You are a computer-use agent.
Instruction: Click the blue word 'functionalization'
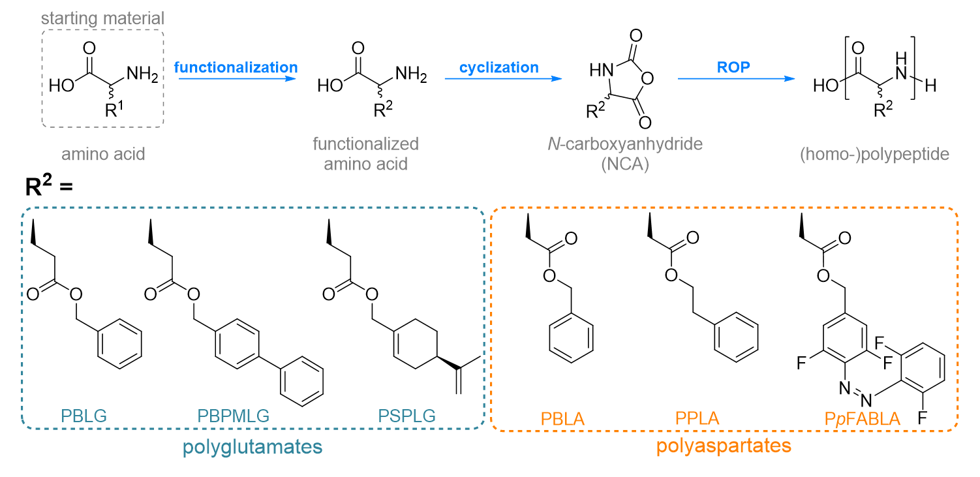click(236, 67)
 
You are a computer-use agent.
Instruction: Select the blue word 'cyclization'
click(498, 67)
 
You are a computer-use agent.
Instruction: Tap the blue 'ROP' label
click(733, 67)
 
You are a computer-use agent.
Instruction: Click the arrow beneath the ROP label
click(737, 79)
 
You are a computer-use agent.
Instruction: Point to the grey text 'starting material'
click(102, 18)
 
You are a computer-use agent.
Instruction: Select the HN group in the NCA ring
click(601, 70)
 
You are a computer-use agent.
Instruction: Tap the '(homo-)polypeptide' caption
click(874, 154)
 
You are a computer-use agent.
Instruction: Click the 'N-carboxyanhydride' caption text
click(625, 144)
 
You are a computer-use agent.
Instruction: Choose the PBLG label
click(84, 416)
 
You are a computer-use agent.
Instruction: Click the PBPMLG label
click(233, 416)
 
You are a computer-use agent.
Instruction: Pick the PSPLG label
click(407, 416)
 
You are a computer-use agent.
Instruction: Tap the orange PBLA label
click(562, 419)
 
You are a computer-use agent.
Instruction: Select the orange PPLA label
click(697, 418)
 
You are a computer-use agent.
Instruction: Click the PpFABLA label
click(863, 419)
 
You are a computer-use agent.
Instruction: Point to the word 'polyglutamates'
click(253, 447)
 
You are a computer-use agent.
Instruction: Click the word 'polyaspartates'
click(724, 446)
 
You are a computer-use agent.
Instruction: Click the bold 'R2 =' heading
click(48, 185)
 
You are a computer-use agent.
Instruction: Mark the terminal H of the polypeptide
click(931, 85)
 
